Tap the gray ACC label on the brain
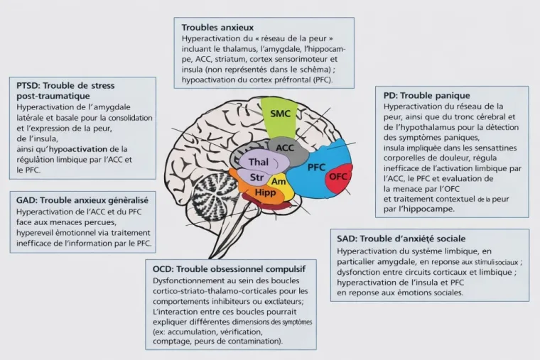285,147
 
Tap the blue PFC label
316,168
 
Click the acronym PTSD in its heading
27,85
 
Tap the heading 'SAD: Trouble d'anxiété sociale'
406,239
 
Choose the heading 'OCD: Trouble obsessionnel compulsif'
229,269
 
